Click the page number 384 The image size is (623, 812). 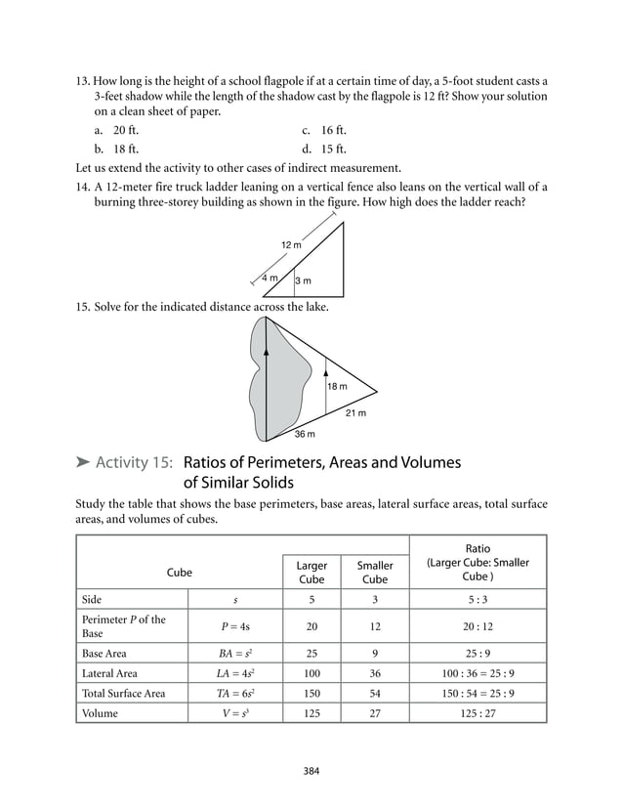(x=311, y=771)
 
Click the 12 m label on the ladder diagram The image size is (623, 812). (x=291, y=244)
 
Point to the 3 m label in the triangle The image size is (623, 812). (x=304, y=281)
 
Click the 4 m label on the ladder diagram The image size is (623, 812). (x=270, y=278)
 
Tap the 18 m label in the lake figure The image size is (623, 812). (x=337, y=388)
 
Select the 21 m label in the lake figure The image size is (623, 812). (x=356, y=413)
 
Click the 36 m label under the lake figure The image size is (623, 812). (x=305, y=434)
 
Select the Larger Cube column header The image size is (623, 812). (x=311, y=573)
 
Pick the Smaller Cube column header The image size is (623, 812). (x=375, y=573)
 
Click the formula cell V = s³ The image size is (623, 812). (x=233, y=713)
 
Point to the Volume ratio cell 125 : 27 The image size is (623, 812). (x=478, y=713)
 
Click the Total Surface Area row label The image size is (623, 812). (x=124, y=693)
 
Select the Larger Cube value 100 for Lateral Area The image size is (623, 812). (x=311, y=673)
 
